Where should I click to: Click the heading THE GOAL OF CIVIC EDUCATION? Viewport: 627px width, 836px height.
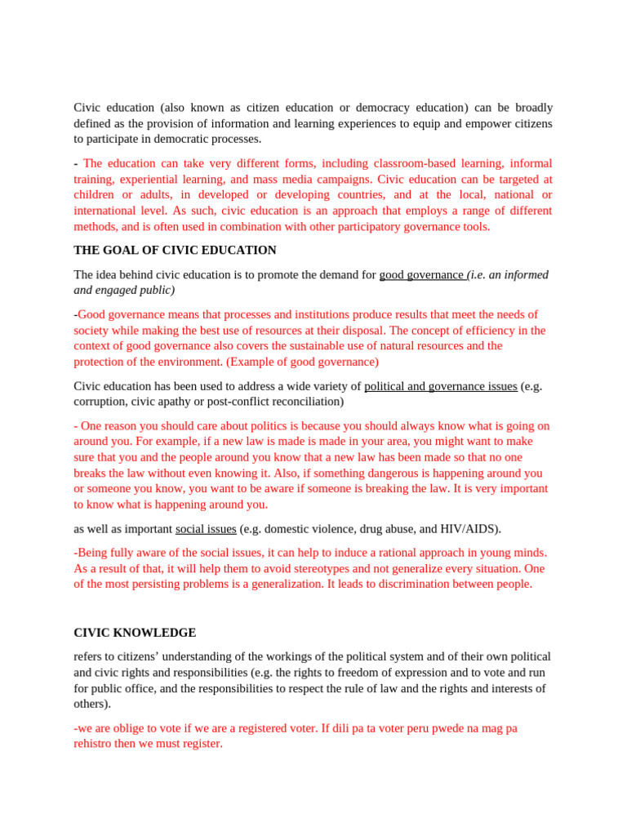click(x=175, y=250)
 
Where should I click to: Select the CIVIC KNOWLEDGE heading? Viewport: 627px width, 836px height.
click(x=135, y=633)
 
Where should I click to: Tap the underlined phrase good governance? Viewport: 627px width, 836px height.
click(x=420, y=274)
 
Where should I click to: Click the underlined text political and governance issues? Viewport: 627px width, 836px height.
click(x=440, y=386)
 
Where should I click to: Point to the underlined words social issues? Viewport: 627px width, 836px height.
click(x=206, y=529)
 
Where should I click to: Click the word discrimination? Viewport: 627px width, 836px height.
click(x=367, y=584)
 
